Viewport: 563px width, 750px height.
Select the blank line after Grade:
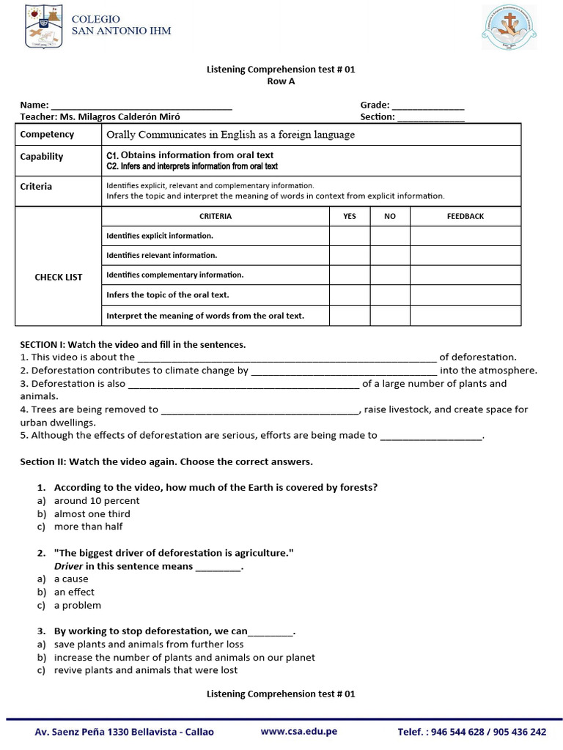tap(429, 106)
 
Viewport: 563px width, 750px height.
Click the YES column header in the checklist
tap(350, 216)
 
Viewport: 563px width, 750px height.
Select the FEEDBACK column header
tap(466, 216)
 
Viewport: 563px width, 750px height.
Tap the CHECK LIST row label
tap(59, 277)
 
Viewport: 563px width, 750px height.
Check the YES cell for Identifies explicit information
tap(350, 236)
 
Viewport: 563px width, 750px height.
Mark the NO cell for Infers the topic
tap(389, 295)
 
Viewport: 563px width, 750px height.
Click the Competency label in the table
tap(47, 134)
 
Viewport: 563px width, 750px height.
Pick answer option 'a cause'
tap(71, 579)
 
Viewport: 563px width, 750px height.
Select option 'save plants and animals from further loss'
tap(148, 645)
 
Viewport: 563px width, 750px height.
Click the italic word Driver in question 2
tap(68, 566)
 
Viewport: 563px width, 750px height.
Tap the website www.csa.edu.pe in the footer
tap(298, 731)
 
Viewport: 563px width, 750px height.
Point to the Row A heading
tap(281, 81)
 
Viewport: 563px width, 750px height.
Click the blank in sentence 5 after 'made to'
tap(432, 436)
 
